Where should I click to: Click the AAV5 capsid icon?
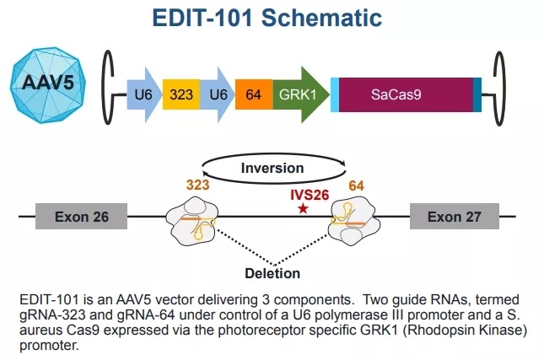(48, 85)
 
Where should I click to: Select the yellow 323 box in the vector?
(181, 94)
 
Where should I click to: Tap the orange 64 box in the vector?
(254, 94)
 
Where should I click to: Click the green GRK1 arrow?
(300, 94)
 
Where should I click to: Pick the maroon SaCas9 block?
(406, 94)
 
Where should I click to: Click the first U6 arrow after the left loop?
(144, 94)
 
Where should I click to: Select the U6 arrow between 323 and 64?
(218, 94)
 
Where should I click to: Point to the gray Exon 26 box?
(82, 217)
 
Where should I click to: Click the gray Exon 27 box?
(455, 217)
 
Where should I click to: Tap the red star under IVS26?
(304, 209)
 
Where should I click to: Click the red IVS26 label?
(310, 195)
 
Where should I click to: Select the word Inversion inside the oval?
(272, 169)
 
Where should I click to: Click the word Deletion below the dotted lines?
(272, 273)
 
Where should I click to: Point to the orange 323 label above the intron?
(197, 185)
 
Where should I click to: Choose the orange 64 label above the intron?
(356, 185)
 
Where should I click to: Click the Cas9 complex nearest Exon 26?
(192, 221)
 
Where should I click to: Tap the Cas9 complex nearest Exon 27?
(354, 221)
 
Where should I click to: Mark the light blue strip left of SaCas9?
(335, 94)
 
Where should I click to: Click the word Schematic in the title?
(321, 18)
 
